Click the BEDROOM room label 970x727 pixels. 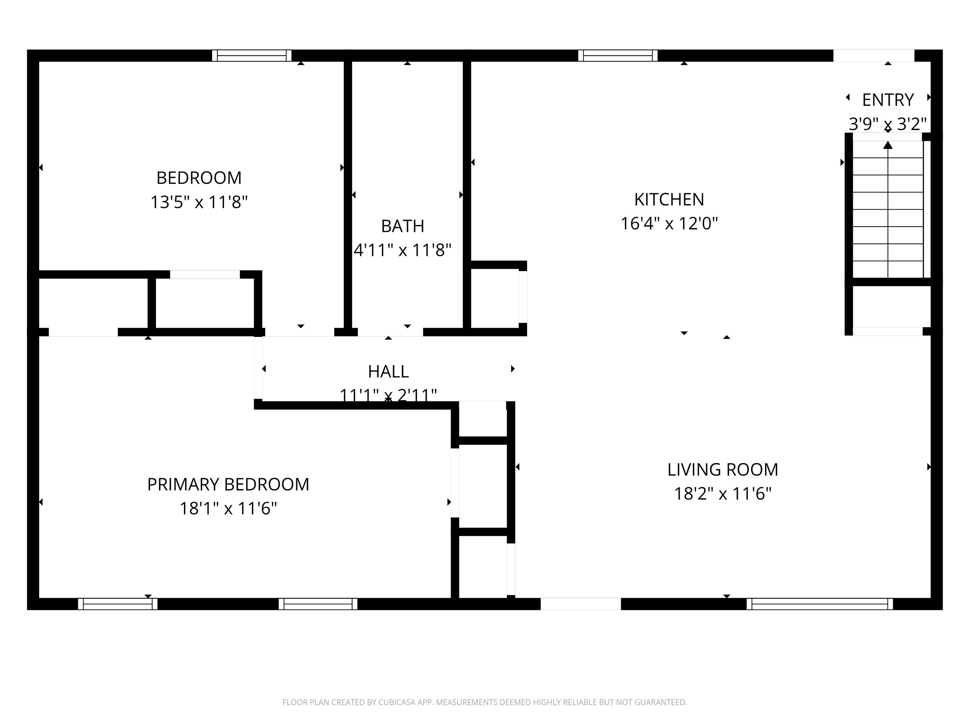pos(199,178)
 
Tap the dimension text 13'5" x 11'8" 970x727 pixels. pos(199,203)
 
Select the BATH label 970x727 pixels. pos(403,226)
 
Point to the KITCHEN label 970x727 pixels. pos(669,199)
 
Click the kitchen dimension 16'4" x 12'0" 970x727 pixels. pos(669,224)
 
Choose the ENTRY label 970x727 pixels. pos(888,100)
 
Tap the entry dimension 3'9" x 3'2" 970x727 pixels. pos(888,124)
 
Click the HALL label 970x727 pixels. pos(389,372)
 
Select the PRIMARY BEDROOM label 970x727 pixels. pos(228,485)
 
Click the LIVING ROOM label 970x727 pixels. pos(723,470)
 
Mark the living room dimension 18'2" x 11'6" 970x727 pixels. pos(723,494)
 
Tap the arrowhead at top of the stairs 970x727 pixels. pos(888,145)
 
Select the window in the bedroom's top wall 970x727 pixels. pos(252,56)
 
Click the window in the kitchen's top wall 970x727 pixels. pos(618,56)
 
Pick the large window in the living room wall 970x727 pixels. pos(820,604)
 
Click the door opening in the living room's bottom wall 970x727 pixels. pos(581,604)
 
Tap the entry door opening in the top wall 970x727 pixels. pos(874,56)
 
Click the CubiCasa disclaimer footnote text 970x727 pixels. pos(485,702)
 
